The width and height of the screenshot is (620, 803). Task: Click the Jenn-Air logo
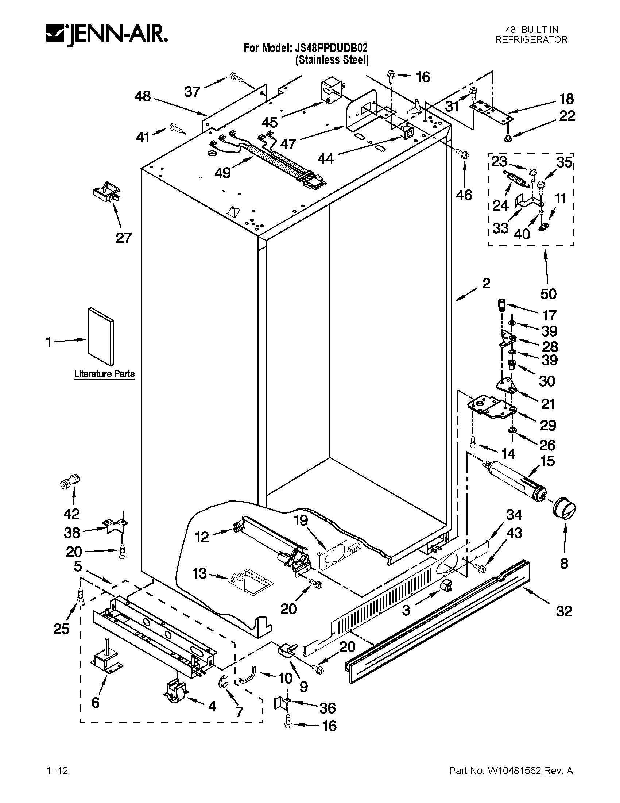point(107,35)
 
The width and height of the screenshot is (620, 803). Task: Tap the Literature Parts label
point(104,374)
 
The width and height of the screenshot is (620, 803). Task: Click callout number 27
point(123,238)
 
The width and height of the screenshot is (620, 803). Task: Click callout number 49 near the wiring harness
point(223,172)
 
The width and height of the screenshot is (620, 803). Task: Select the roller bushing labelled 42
point(70,481)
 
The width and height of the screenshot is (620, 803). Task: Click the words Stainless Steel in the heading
point(332,60)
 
